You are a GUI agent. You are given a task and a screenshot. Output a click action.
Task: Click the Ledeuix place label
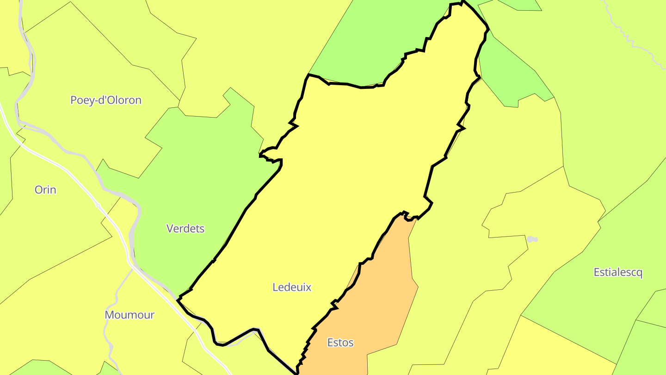tap(292, 287)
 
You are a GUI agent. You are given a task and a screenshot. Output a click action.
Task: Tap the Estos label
tap(340, 343)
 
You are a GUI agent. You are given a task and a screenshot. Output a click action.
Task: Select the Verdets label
tap(185, 228)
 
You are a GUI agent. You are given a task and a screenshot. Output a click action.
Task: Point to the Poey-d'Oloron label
tap(106, 100)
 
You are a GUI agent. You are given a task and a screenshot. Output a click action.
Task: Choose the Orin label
tap(45, 189)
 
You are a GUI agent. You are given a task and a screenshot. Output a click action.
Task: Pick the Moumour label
tap(129, 315)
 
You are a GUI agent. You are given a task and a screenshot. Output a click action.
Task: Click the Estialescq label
tap(618, 272)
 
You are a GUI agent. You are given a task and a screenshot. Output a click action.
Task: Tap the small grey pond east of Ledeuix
tap(532, 239)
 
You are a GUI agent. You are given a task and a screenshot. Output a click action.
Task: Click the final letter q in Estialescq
tap(640, 273)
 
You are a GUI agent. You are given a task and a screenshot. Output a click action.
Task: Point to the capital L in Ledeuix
tap(275, 287)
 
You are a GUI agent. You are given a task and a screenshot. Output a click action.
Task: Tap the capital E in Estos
tap(330, 343)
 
